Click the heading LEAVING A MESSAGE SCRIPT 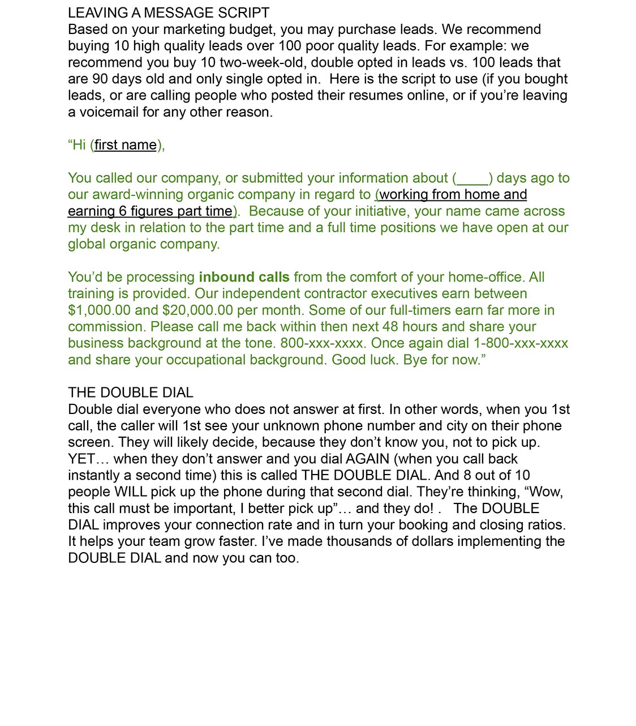tap(169, 12)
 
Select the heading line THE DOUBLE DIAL tap(131, 392)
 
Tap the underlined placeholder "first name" tap(126, 145)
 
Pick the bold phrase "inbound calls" tap(244, 277)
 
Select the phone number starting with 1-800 tap(521, 343)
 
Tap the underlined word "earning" tap(91, 211)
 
